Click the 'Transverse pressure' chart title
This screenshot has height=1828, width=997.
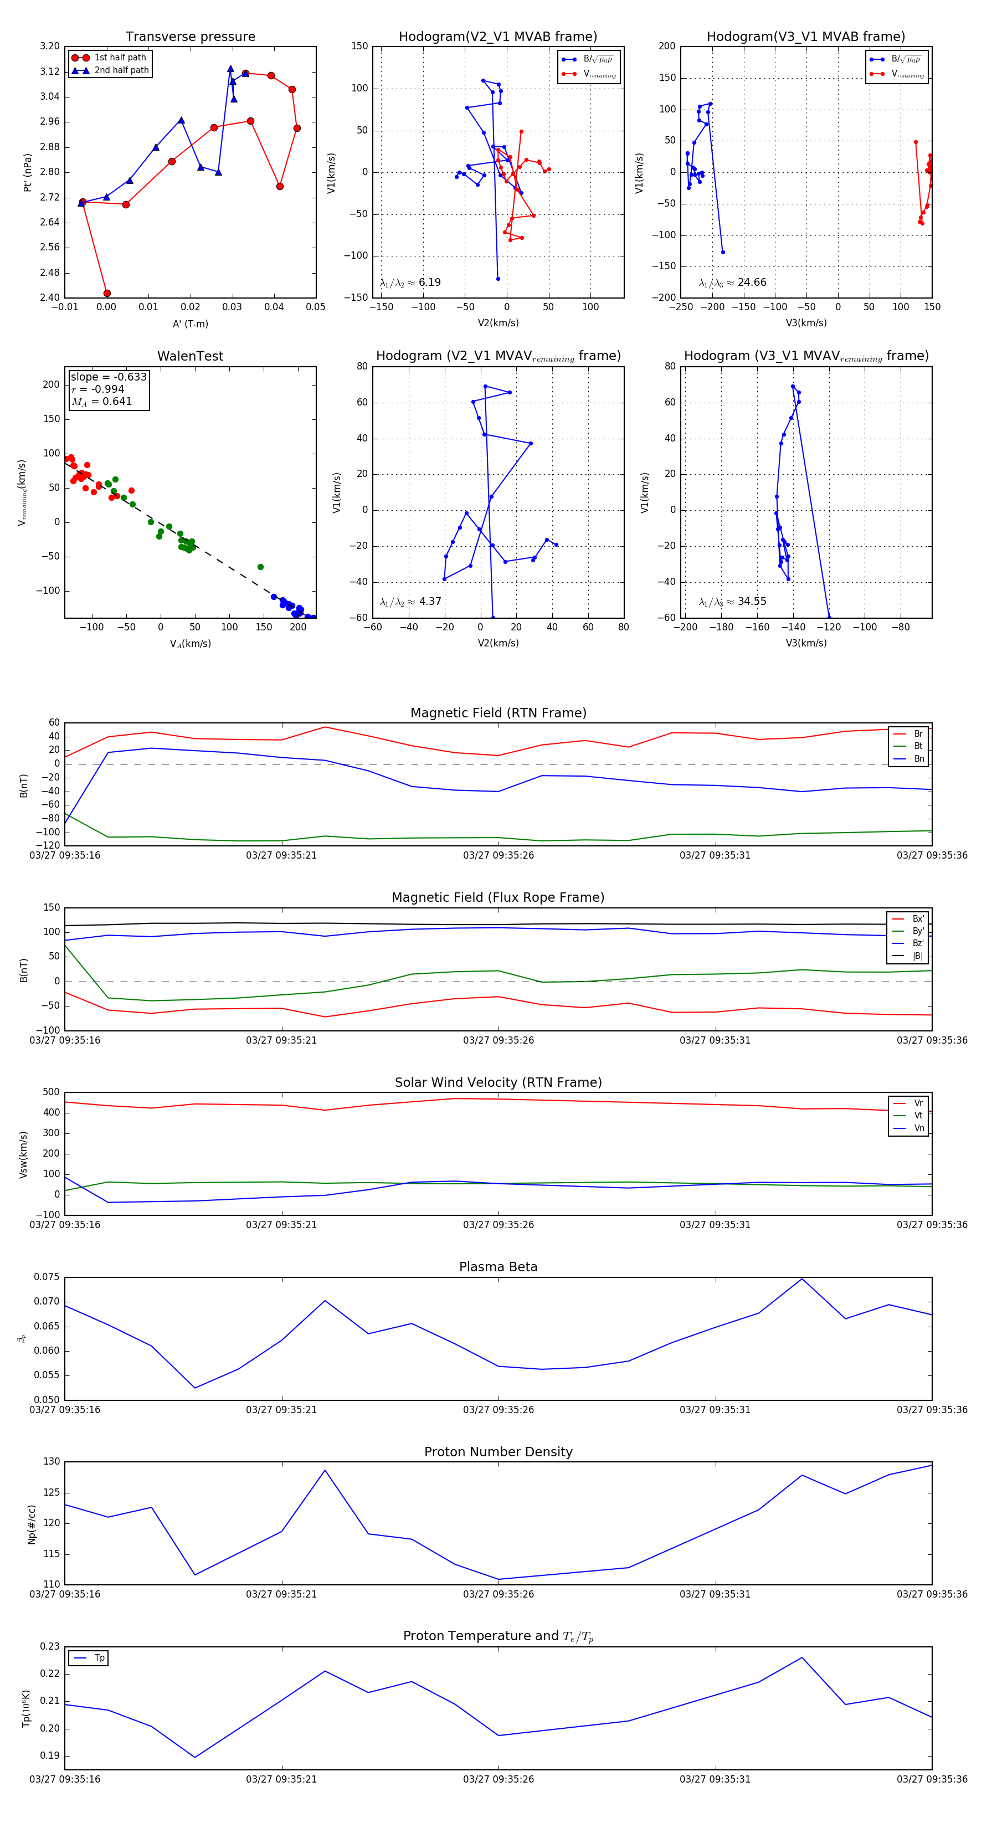coord(190,37)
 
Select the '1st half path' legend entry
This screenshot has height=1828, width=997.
coord(120,58)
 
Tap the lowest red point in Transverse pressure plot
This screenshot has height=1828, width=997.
coord(107,293)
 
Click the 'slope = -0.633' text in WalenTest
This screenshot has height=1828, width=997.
coord(109,377)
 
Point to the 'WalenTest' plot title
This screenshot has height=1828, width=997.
coord(190,356)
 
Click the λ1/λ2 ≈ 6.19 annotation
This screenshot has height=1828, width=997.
coord(410,283)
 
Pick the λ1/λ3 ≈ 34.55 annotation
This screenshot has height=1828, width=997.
coord(732,602)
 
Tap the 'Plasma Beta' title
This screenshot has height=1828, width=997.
coord(498,1267)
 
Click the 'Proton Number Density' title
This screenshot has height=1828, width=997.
coord(498,1452)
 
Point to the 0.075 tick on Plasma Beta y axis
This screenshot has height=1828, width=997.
coord(47,1277)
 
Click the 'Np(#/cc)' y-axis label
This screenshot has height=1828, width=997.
coord(31,1523)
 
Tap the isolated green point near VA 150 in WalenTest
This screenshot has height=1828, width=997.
coord(260,567)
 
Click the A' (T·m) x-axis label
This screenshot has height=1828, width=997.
coord(190,324)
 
